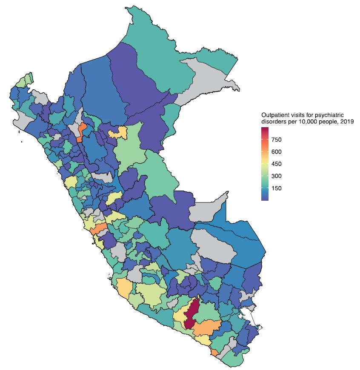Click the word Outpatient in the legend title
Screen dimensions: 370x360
pos(274,115)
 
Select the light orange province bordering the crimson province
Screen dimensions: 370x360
pos(207,327)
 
